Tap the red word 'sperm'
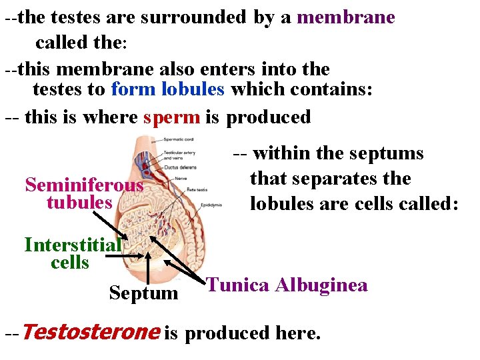tap(171, 117)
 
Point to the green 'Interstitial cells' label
tap(72, 253)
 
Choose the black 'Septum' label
tap(143, 293)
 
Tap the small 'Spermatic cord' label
tap(178, 139)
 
